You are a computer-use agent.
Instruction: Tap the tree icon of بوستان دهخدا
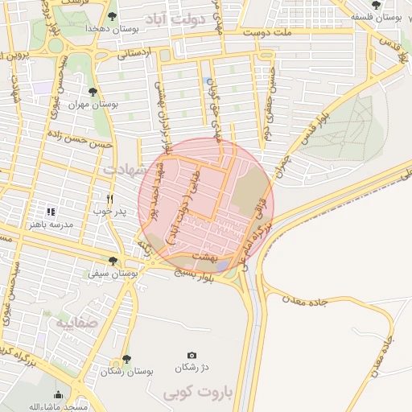[x=112, y=16]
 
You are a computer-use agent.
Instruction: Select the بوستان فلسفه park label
[x=381, y=16]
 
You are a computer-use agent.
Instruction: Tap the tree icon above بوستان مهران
[x=93, y=92]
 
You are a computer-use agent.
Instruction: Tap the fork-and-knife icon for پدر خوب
[x=110, y=199]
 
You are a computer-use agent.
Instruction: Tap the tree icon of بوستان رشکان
[x=126, y=359]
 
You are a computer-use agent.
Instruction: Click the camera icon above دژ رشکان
[x=192, y=355]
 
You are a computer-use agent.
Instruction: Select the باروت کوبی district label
[x=197, y=393]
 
